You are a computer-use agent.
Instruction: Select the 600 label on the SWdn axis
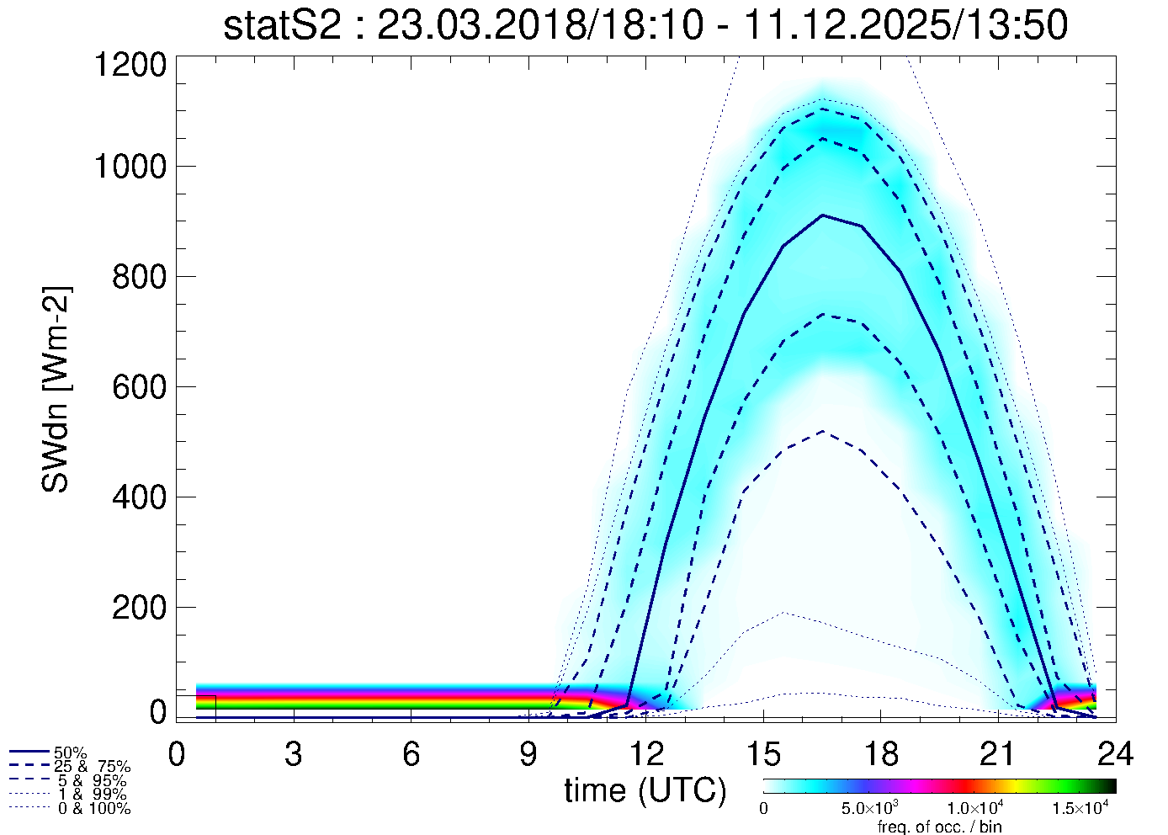[139, 387]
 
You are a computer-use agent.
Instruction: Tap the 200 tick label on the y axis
[139, 608]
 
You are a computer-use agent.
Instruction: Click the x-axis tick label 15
[762, 754]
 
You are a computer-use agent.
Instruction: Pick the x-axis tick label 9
[528, 754]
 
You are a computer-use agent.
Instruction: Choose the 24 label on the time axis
[1115, 754]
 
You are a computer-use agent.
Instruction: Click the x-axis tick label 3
[293, 754]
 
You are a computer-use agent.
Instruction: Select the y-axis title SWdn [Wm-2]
[56, 389]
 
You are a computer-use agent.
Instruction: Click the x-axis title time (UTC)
[645, 790]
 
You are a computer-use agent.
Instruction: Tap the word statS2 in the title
[282, 26]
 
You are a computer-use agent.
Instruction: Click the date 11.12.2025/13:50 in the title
[905, 26]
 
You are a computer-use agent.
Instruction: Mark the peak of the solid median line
[822, 215]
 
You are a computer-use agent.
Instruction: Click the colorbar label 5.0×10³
[871, 809]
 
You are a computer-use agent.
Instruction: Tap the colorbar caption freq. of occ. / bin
[939, 827]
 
